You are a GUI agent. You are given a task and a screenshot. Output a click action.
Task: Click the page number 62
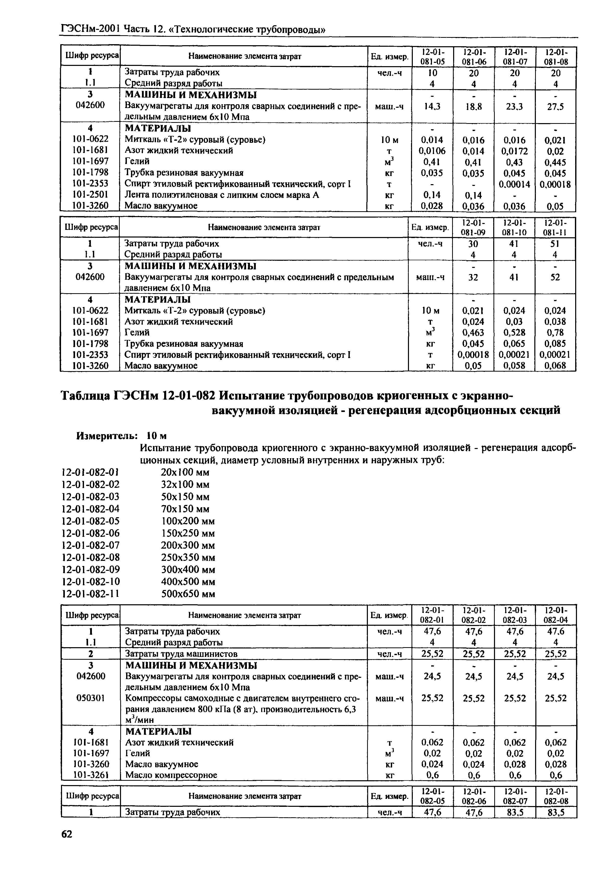[x=67, y=834]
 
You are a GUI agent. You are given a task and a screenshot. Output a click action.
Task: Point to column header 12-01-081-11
[x=555, y=227]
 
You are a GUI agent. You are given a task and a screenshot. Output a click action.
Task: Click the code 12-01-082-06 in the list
[x=91, y=533]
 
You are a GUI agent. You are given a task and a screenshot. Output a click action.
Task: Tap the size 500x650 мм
[x=188, y=594]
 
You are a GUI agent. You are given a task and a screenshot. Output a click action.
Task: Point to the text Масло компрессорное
[x=171, y=775]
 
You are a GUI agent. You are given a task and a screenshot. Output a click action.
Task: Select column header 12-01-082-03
[x=515, y=615]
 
